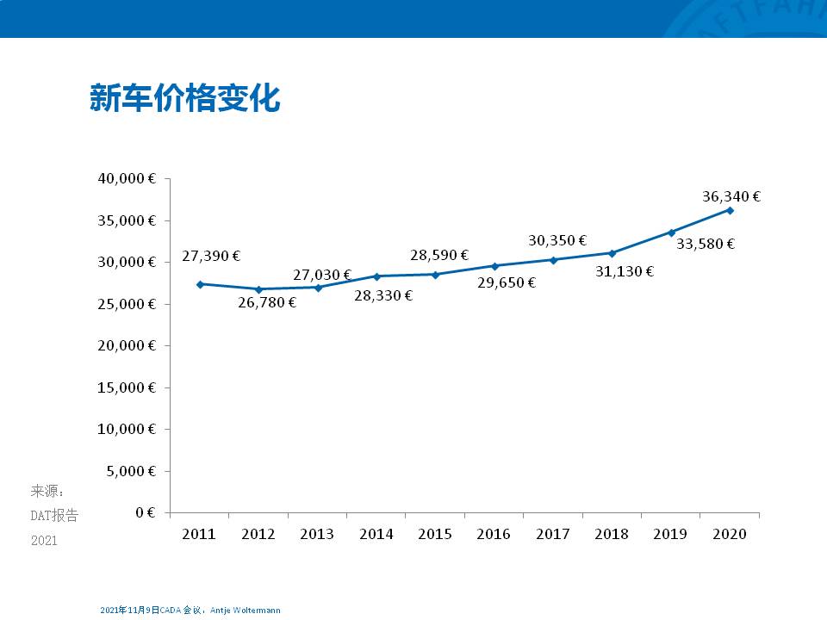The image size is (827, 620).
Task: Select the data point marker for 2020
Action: tap(730, 210)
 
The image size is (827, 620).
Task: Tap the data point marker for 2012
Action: tap(258, 289)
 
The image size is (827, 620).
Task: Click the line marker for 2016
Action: tap(494, 266)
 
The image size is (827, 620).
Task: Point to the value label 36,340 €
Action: tap(731, 196)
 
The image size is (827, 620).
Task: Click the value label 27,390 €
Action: tap(211, 256)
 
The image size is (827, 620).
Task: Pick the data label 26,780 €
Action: tap(267, 302)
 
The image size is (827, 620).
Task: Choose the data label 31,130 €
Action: tap(625, 271)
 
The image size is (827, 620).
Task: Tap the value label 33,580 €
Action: tap(706, 244)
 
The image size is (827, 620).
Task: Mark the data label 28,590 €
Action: tap(439, 255)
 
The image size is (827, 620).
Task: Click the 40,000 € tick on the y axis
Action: tap(127, 179)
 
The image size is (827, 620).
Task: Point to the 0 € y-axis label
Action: tap(146, 512)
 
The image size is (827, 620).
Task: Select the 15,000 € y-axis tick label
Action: tap(127, 387)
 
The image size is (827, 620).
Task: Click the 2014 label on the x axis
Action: tap(376, 535)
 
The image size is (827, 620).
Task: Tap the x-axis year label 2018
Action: tap(612, 535)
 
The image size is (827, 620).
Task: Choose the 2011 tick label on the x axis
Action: tap(199, 535)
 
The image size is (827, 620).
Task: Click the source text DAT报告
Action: tap(54, 516)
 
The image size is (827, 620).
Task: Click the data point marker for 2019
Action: tap(671, 232)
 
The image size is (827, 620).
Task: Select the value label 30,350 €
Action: tap(557, 240)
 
